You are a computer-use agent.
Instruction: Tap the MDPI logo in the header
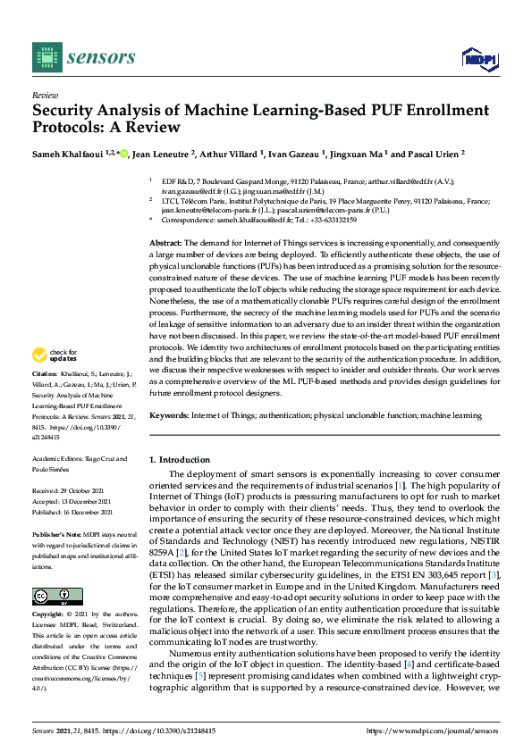click(478, 59)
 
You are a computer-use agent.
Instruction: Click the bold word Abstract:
click(165, 244)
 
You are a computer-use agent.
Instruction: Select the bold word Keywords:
click(169, 415)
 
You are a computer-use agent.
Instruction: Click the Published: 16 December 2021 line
click(72, 512)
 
